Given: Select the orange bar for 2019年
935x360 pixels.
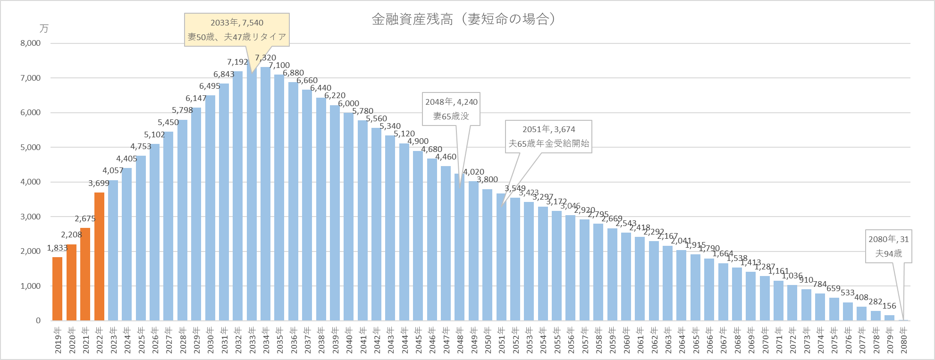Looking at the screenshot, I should point(58,289).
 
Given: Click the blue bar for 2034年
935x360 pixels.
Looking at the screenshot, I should point(266,193).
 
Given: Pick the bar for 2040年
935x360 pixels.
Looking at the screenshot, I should point(349,217).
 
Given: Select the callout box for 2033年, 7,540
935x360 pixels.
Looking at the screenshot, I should point(237,30).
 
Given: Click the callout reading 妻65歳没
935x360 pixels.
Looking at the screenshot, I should point(451,109).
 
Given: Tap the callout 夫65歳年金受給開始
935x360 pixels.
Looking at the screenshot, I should point(548,136).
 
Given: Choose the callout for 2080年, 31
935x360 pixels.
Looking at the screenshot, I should point(888,246).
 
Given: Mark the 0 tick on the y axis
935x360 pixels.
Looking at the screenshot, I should point(38,320).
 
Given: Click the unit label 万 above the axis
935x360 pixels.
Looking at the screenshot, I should point(44,29).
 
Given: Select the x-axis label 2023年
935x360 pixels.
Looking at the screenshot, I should point(113,340).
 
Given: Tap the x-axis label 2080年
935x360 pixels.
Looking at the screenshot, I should point(904,340).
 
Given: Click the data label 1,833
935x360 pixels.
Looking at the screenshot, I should point(57,248).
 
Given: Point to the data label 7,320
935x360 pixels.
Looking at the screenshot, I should point(266,58).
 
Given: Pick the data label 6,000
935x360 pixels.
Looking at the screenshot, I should point(349,104).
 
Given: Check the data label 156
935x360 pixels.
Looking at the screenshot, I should point(889,306).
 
